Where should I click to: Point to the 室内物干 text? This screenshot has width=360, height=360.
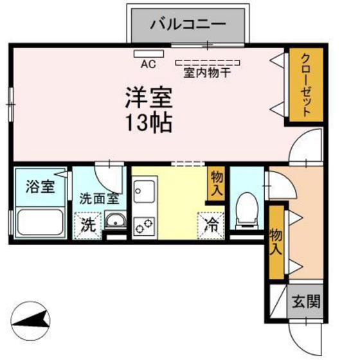click(208, 72)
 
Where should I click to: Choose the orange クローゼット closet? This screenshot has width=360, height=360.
click(305, 84)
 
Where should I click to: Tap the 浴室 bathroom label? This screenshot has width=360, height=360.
click(39, 188)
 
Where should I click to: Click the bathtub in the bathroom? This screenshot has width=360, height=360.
click(39, 222)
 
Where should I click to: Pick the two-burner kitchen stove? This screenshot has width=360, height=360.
click(143, 226)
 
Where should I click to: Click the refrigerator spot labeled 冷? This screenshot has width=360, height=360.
click(212, 224)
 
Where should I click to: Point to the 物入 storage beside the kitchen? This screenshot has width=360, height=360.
click(217, 183)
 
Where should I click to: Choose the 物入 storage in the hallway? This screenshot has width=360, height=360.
click(276, 241)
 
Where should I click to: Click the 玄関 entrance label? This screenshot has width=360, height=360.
click(305, 301)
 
